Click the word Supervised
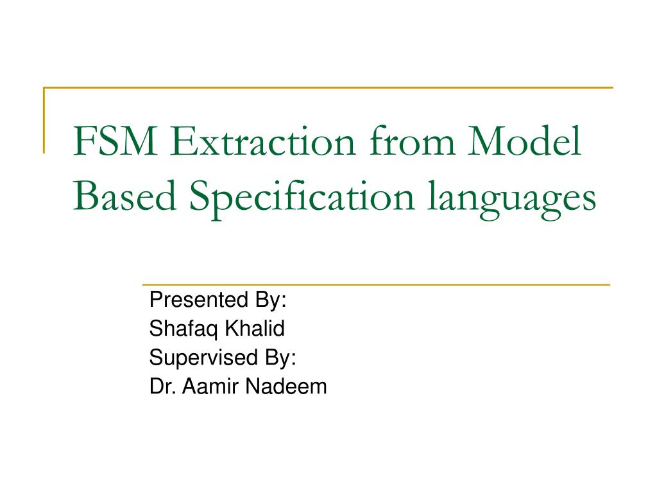click(x=203, y=358)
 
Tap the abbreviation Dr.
click(x=159, y=386)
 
